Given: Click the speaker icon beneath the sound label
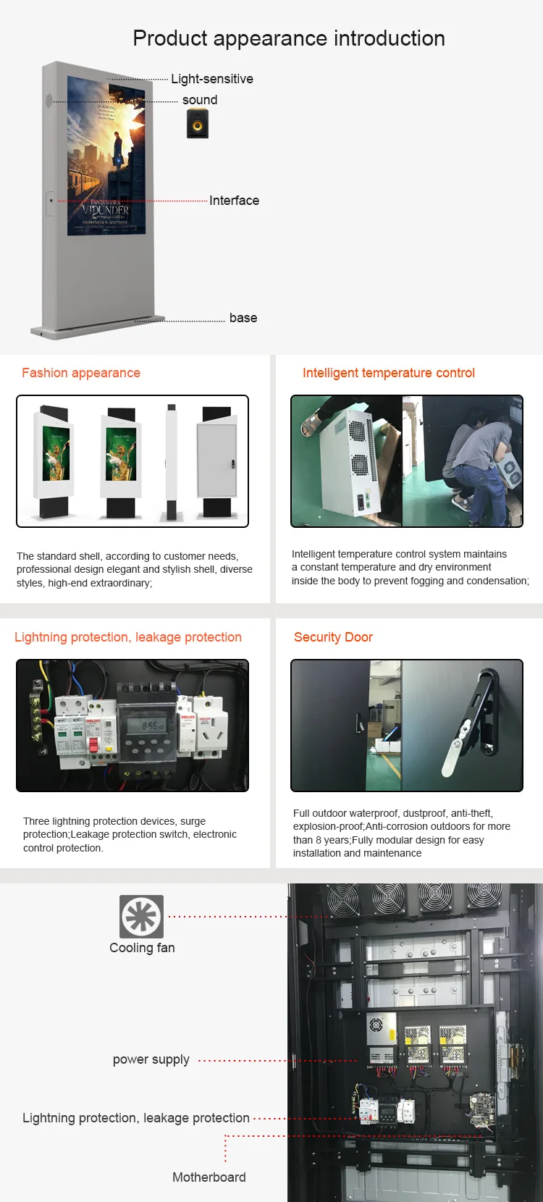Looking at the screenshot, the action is click(x=198, y=123).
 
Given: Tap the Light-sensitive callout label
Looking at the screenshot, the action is click(x=212, y=79).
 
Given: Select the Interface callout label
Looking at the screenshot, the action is click(x=234, y=201).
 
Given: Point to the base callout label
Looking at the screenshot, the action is click(x=243, y=318).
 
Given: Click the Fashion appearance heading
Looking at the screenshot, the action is click(x=81, y=373).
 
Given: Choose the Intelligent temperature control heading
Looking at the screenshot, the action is click(x=389, y=373).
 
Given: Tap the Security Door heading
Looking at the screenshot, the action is click(x=333, y=637).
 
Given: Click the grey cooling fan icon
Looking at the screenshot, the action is click(x=142, y=917).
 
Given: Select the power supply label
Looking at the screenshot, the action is click(x=151, y=1060).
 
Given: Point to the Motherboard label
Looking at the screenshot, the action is click(x=209, y=1177).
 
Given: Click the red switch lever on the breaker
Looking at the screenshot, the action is click(x=92, y=745).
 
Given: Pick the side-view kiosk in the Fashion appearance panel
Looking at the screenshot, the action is click(x=172, y=462).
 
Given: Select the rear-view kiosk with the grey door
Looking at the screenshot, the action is click(x=216, y=462).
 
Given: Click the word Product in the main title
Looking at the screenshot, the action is click(x=169, y=38).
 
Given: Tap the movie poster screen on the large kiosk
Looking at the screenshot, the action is click(x=106, y=156).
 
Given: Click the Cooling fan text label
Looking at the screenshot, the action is click(x=142, y=948).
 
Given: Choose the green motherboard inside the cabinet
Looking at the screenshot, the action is click(x=481, y=1110).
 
